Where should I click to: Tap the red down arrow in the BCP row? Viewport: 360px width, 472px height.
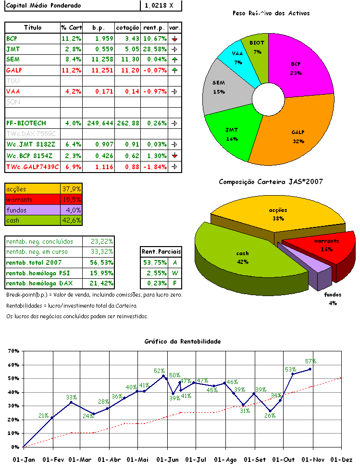(x=174, y=38)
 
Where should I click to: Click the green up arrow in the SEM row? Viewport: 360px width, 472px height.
(x=174, y=60)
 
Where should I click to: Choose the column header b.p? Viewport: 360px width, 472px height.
(x=99, y=28)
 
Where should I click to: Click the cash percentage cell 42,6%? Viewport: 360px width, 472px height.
(x=72, y=220)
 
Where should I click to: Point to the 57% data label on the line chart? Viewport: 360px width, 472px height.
(x=310, y=361)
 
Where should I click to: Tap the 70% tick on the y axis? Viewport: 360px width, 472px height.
(x=13, y=351)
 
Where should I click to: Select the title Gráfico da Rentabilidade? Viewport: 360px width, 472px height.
(x=183, y=341)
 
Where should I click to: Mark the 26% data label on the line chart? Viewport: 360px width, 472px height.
(x=270, y=416)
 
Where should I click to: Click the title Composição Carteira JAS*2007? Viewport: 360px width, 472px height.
(x=271, y=182)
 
